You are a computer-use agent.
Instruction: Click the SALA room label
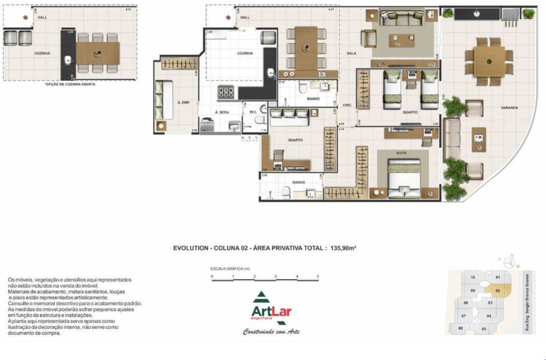click(x=352, y=54)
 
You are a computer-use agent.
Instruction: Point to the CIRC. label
click(x=346, y=104)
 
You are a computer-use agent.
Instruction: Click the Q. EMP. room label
click(x=183, y=102)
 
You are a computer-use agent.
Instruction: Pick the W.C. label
click(x=253, y=113)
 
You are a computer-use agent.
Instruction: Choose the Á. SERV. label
click(x=222, y=112)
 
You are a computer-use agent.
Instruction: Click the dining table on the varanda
click(x=489, y=61)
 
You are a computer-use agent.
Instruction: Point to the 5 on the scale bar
click(x=318, y=277)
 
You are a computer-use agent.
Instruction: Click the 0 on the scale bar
click(x=212, y=277)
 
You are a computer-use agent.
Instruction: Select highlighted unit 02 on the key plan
click(x=498, y=291)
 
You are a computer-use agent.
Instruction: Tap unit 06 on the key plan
click(x=461, y=328)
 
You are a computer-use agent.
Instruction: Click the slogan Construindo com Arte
click(x=271, y=332)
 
